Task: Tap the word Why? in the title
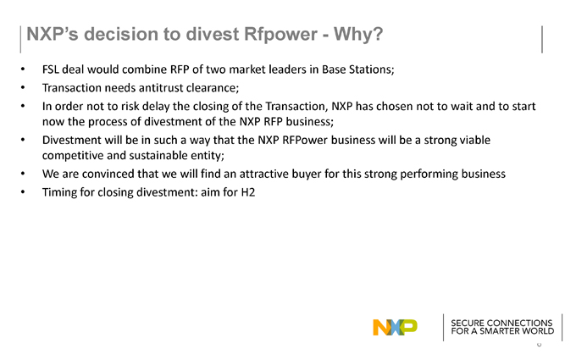pos(358,35)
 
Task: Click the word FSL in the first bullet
pos(51,69)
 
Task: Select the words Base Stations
pos(357,69)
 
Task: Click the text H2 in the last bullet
pos(248,192)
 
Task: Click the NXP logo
pos(395,327)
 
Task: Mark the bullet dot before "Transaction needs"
pos(23,87)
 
